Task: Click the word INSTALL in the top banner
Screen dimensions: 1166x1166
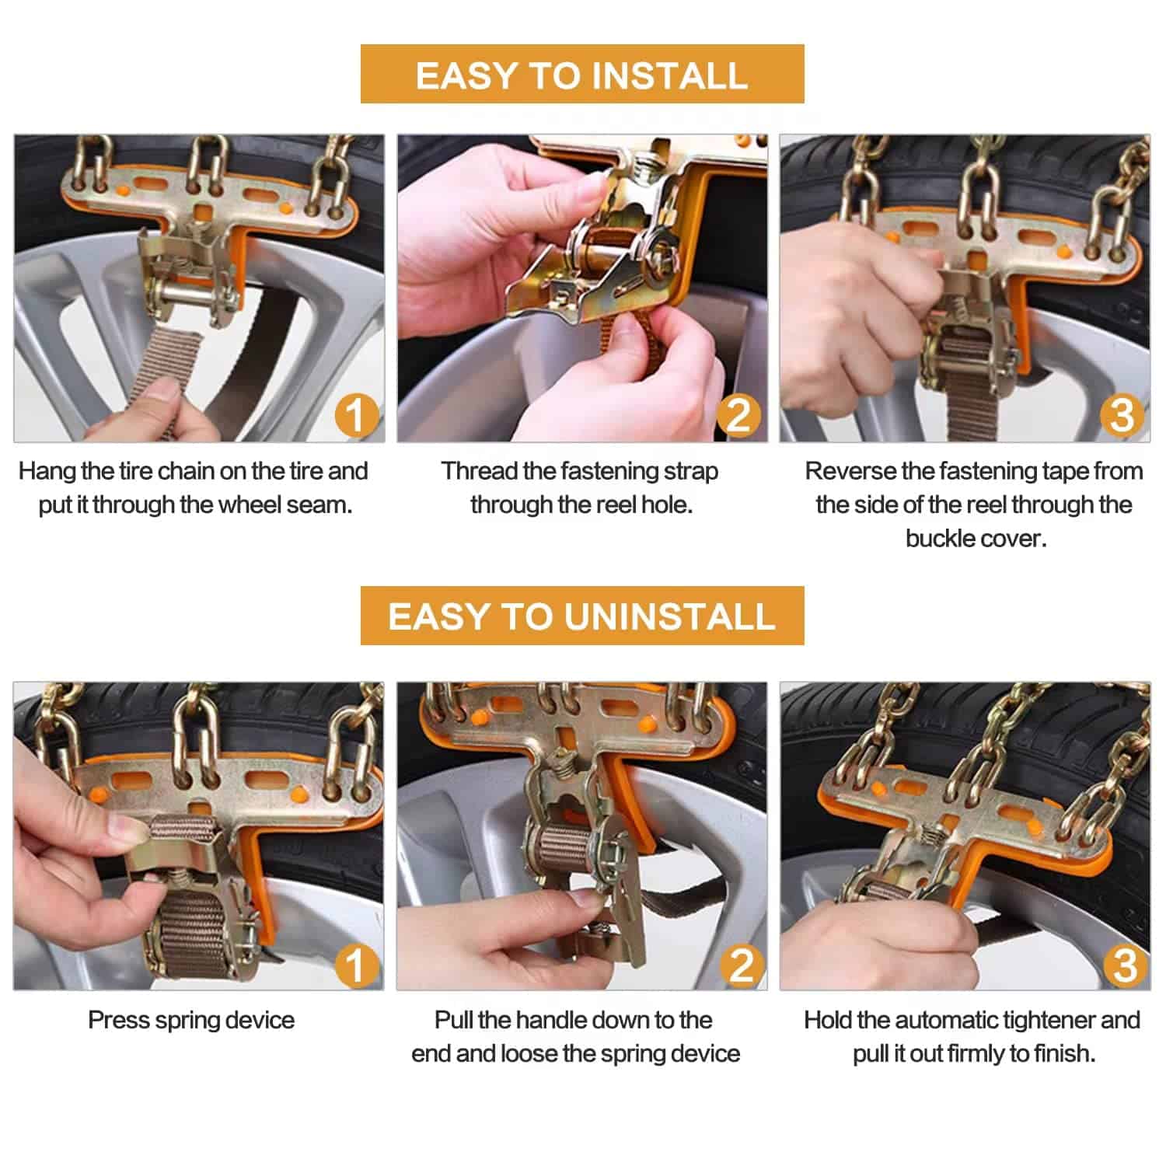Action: (x=669, y=75)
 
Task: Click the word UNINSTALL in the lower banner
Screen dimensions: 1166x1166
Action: (x=670, y=616)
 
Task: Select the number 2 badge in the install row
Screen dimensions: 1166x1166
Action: (x=738, y=415)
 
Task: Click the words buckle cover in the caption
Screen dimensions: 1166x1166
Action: (x=976, y=539)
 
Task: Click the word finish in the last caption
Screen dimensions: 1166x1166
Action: (x=1064, y=1053)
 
